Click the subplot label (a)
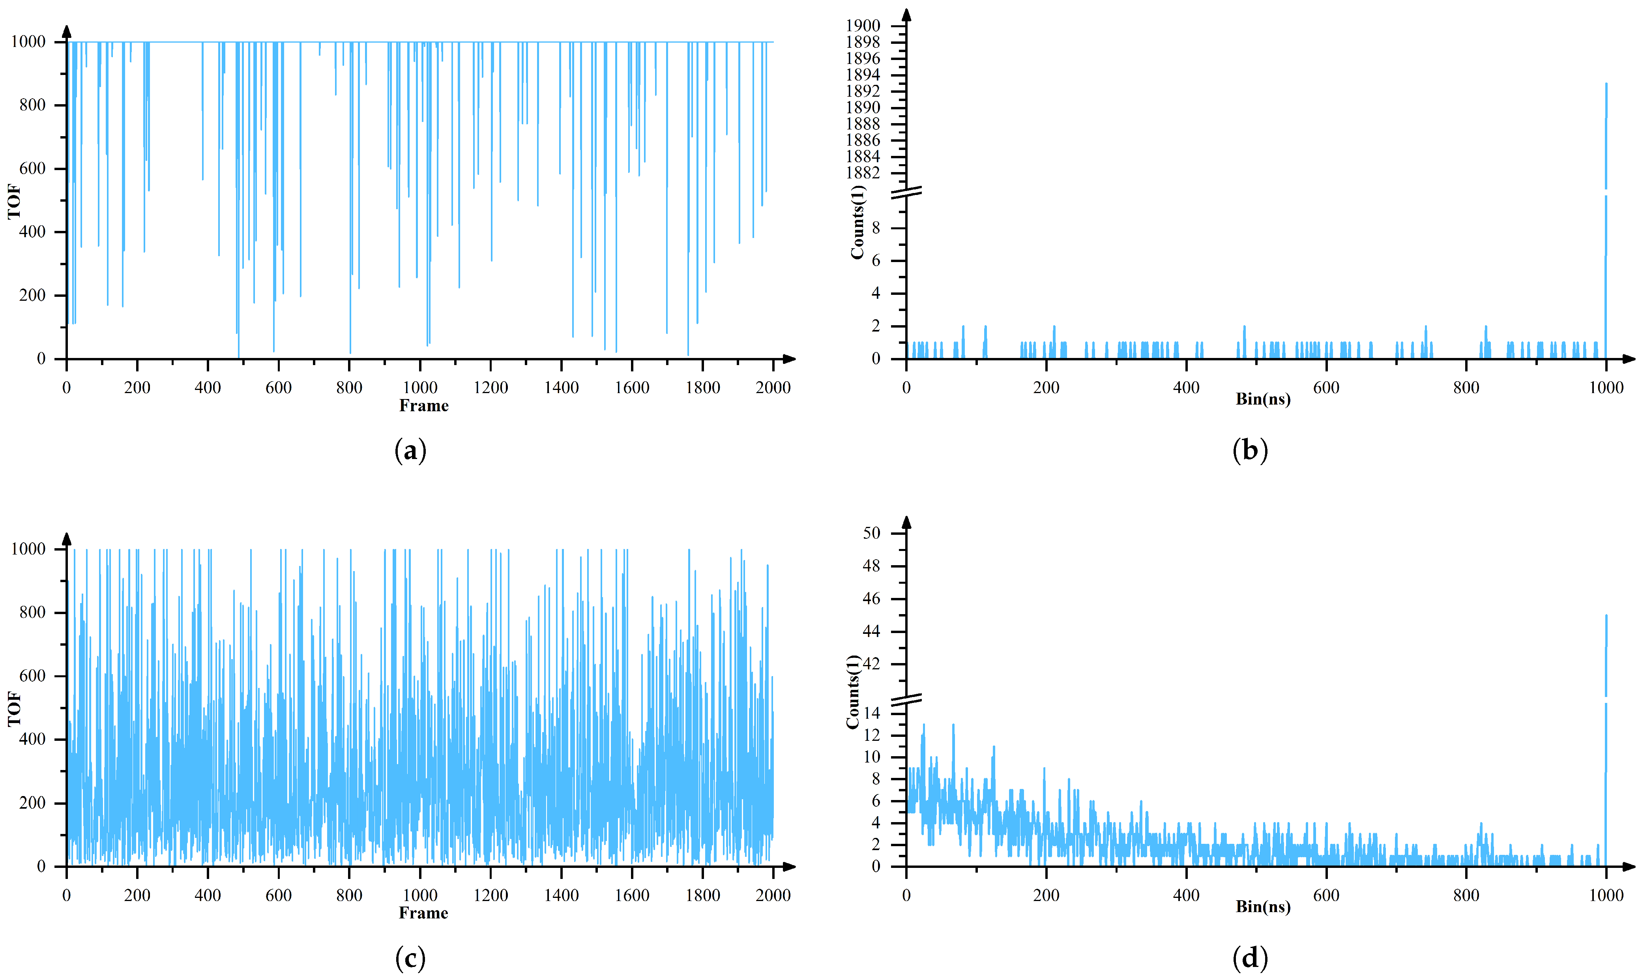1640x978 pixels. click(410, 451)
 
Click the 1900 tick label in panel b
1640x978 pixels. click(863, 26)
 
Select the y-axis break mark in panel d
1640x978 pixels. click(906, 700)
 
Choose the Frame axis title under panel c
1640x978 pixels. click(424, 913)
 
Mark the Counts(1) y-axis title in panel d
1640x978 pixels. click(853, 692)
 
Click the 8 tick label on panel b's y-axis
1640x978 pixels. click(876, 228)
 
